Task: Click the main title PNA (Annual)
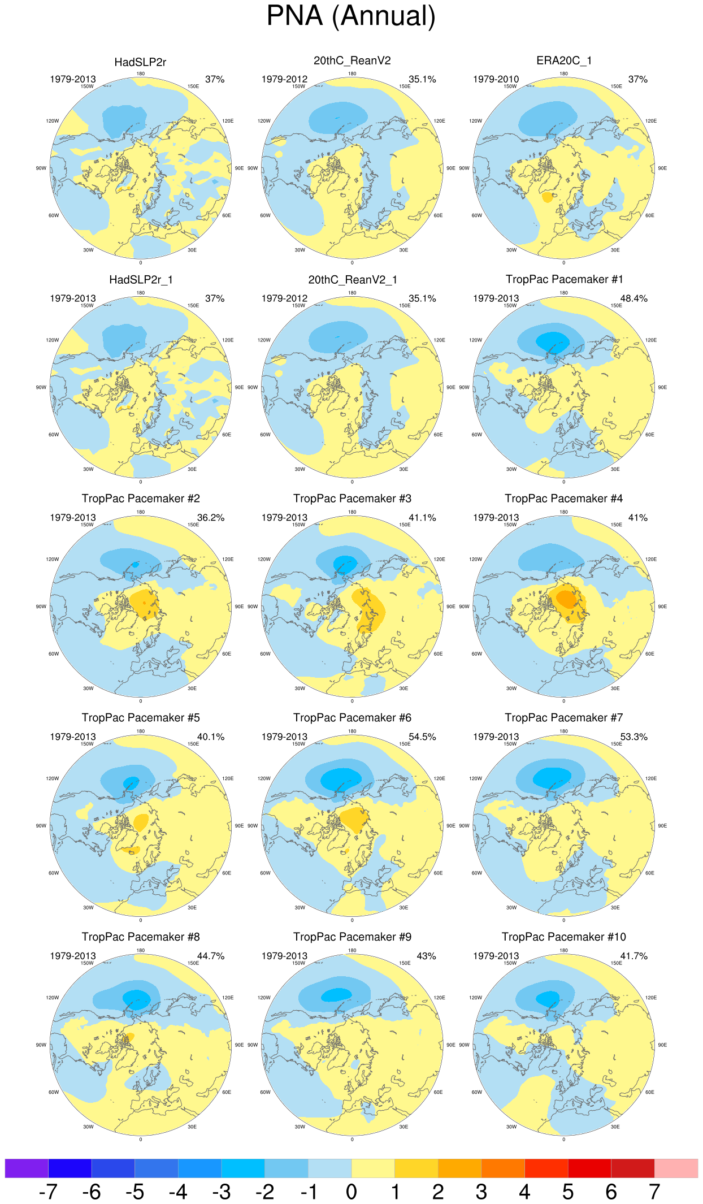click(351, 16)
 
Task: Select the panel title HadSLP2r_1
click(141, 280)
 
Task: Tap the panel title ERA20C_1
click(564, 60)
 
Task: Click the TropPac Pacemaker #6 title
click(352, 718)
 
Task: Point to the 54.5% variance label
click(422, 737)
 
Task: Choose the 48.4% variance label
click(633, 298)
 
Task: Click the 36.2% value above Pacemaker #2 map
click(210, 518)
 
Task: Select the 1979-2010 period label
click(496, 79)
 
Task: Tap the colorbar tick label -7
click(48, 1192)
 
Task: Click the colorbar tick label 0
click(351, 1192)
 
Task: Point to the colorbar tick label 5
click(568, 1192)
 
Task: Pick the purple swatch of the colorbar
click(27, 1168)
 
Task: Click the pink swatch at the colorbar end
click(676, 1168)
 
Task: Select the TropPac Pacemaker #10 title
click(564, 937)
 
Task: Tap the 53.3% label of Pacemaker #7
click(633, 737)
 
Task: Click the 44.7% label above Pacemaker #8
click(210, 956)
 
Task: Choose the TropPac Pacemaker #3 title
click(352, 499)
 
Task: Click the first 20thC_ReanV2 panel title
click(352, 60)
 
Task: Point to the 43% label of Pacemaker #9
click(426, 956)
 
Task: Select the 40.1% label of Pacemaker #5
click(210, 737)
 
